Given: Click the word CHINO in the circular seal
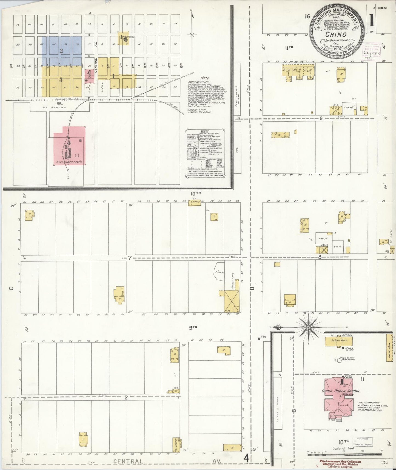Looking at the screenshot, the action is coord(335,35).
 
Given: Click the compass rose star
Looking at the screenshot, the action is coord(309,327).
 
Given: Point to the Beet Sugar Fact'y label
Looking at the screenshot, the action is coord(69,162).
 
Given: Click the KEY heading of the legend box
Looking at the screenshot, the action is coord(204,131).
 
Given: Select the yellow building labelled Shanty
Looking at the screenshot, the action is coord(194,203).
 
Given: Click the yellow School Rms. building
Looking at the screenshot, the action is coord(338,342).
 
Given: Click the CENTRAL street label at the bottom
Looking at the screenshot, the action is coord(128,461).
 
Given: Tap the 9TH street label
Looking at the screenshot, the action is coord(193,327).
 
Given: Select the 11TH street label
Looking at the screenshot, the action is coord(289,48).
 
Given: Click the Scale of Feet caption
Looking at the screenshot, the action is coord(344,448).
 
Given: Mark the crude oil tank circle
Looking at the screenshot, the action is coord(339,361).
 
